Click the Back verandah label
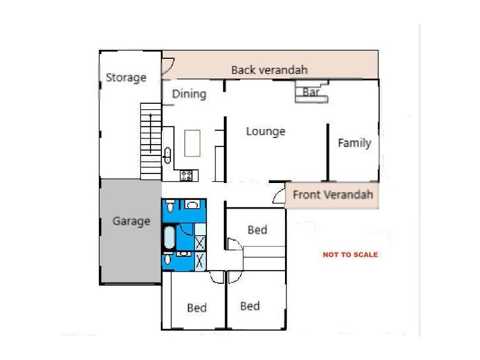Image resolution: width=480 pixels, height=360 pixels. click(x=269, y=70)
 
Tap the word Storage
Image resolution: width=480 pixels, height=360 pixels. click(x=126, y=77)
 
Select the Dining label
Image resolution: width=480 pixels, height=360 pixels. click(x=189, y=94)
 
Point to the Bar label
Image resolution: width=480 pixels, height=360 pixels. click(x=311, y=92)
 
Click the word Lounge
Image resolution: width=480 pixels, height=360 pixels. click(x=265, y=131)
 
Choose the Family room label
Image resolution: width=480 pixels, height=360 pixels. click(x=354, y=143)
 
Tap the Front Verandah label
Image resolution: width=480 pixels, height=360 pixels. click(x=332, y=194)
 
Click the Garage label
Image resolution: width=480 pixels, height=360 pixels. click(x=131, y=221)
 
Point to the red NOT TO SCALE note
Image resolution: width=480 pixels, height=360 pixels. click(x=350, y=254)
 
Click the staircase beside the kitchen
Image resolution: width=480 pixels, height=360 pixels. click(x=151, y=140)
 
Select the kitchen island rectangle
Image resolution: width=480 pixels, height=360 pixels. click(x=193, y=143)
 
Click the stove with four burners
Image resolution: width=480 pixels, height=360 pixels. click(x=187, y=176)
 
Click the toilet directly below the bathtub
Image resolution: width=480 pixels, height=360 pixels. click(x=168, y=259)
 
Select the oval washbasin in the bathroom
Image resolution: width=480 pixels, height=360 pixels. click(x=193, y=205)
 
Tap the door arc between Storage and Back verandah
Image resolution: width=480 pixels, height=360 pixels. click(x=167, y=66)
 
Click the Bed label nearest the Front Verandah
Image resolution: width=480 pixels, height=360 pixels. click(x=257, y=230)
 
